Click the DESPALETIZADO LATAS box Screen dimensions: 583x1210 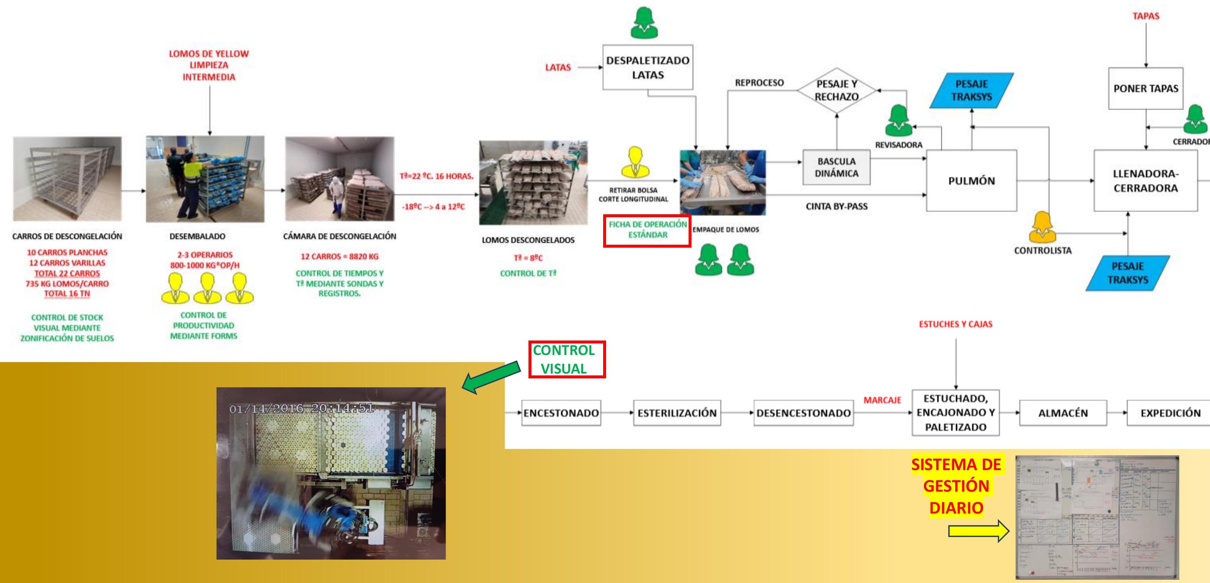(648, 67)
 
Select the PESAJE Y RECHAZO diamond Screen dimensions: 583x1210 (837, 90)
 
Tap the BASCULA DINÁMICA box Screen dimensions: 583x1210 (837, 167)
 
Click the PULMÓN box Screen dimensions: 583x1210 (972, 181)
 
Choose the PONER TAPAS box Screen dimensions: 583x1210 (1146, 88)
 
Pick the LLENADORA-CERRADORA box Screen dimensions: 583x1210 (1146, 181)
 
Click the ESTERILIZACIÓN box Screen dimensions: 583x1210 (677, 413)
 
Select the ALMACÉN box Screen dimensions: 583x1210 (1063, 413)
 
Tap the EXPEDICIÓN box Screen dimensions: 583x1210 (1170, 413)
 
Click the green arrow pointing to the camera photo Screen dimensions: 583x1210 (491, 376)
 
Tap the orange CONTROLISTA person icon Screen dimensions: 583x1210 (1042, 227)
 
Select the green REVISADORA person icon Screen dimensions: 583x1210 (898, 121)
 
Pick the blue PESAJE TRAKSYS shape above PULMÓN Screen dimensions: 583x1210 (972, 90)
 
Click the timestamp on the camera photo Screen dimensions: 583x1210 (301, 408)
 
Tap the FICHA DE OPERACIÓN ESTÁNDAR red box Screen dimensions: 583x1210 (647, 230)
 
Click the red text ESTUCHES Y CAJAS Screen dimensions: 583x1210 (956, 324)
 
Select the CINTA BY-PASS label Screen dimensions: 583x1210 (837, 206)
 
